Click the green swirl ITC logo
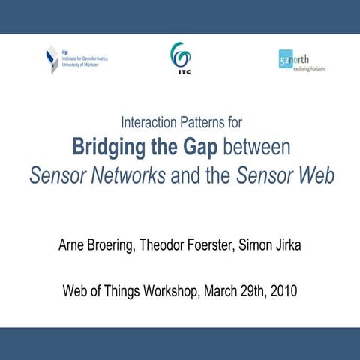(180, 54)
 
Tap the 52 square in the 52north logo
(285, 60)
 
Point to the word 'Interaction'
(150, 121)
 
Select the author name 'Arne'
(73, 245)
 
